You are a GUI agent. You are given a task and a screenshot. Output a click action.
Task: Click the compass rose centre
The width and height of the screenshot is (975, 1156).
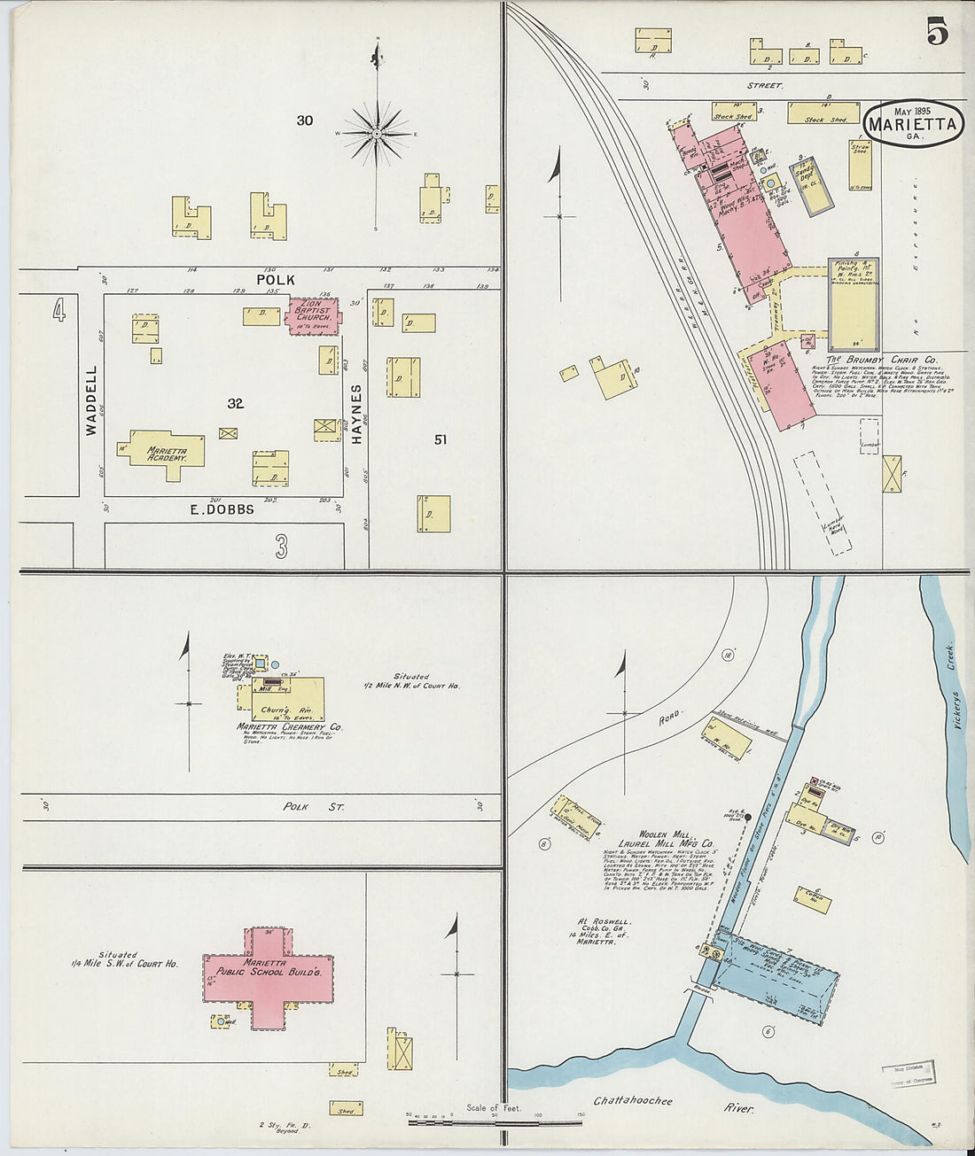point(377,134)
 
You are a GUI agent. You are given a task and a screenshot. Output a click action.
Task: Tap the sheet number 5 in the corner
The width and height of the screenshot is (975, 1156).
point(937,33)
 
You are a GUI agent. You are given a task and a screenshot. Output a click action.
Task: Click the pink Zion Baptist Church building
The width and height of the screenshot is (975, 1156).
point(312,316)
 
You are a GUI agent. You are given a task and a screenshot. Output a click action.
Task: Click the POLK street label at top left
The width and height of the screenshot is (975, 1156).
point(276,280)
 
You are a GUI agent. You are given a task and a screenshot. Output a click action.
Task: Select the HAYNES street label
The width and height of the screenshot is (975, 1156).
point(356,415)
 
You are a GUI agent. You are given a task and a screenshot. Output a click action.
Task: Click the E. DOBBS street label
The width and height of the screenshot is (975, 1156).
point(222,509)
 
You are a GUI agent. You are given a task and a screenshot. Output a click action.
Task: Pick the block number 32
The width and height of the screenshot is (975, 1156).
point(235,404)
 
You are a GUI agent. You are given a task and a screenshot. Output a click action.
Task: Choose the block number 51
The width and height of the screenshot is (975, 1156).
point(441,439)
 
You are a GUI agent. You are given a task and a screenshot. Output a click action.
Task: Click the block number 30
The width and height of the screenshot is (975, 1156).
point(305,120)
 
